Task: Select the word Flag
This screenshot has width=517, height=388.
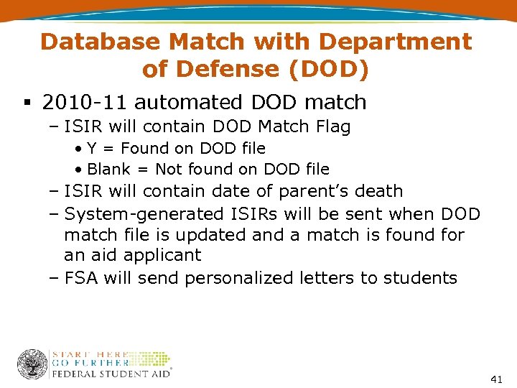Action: [x=332, y=127]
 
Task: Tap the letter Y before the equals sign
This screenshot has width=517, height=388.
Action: [x=92, y=149]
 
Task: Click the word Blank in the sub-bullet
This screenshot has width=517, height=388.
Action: [x=108, y=170]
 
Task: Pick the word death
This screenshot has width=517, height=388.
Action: [x=379, y=191]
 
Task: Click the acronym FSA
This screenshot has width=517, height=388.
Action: [x=81, y=278]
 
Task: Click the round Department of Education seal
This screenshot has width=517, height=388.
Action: [x=32, y=364]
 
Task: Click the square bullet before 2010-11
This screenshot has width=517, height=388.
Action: [x=26, y=103]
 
